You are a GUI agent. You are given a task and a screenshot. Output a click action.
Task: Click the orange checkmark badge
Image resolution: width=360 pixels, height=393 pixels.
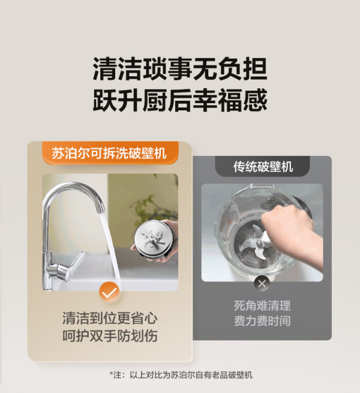109,292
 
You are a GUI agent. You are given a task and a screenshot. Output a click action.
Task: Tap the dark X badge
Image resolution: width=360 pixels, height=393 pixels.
262,284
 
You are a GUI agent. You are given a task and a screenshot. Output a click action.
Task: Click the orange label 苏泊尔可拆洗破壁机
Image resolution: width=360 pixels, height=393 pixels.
110,153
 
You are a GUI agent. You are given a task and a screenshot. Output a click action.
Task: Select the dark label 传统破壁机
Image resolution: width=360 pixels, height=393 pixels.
263,166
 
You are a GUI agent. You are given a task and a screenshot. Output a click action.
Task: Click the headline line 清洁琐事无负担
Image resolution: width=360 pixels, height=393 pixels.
180,69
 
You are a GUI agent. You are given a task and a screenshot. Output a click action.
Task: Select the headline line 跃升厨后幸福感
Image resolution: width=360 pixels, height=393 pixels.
180,100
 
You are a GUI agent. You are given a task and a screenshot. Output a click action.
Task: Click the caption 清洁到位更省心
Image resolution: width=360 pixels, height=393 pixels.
110,319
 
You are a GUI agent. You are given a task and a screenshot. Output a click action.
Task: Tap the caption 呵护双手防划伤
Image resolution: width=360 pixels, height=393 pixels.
110,335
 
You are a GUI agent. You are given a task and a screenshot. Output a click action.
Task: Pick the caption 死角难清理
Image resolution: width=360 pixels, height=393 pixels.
262,305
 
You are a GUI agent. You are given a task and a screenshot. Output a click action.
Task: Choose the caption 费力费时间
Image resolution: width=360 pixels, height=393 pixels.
262,321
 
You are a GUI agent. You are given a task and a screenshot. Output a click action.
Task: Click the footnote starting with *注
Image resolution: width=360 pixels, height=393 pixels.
181,375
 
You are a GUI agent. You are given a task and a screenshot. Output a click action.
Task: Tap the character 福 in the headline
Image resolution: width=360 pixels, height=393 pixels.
230,100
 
